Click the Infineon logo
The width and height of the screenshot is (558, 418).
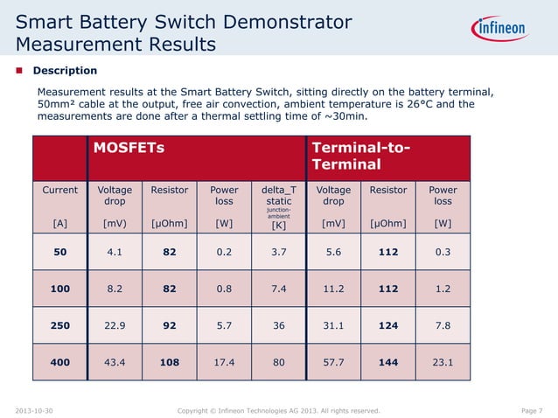tap(501, 29)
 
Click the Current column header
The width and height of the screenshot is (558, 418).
tap(60, 189)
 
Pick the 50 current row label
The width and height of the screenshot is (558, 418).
tap(60, 253)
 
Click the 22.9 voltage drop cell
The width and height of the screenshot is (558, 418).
tap(114, 324)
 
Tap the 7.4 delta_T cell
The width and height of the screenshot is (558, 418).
tap(278, 289)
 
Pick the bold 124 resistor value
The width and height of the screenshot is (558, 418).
tap(387, 324)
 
